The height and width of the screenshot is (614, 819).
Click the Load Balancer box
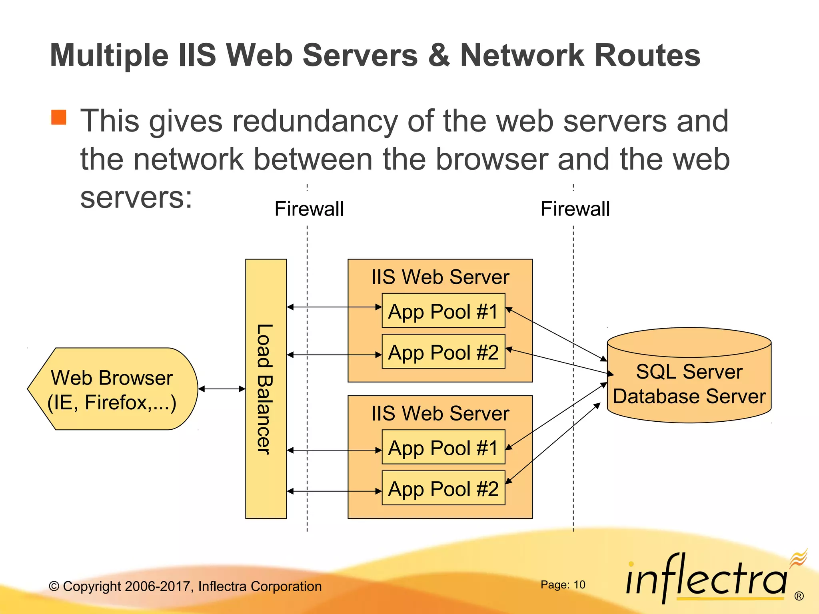click(266, 389)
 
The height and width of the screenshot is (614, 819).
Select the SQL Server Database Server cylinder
click(689, 384)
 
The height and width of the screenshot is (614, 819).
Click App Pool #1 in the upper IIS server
click(443, 311)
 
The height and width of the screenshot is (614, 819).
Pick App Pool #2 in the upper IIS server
click(443, 352)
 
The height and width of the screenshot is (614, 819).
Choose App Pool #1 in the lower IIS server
click(443, 447)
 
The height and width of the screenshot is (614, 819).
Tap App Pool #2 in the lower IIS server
click(443, 488)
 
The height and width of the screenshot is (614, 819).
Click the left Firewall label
click(309, 209)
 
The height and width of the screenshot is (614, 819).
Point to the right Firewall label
click(575, 209)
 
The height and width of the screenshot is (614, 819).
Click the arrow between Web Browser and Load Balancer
click(222, 389)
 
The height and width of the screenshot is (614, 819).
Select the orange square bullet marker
click(59, 118)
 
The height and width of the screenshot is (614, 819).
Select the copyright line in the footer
click(185, 586)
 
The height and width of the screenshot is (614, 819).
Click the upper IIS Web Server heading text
click(440, 277)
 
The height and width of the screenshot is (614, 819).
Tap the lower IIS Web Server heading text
click(440, 413)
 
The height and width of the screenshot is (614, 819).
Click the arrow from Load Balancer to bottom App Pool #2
click(334, 491)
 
